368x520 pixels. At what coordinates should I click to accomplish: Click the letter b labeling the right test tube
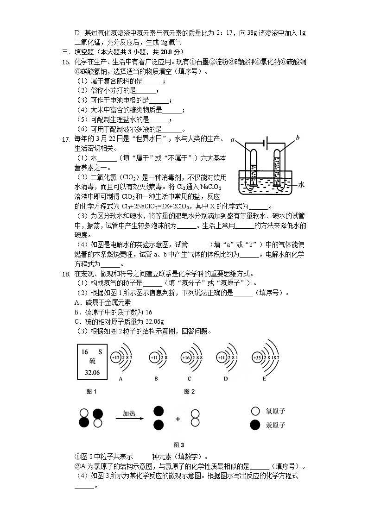(297, 138)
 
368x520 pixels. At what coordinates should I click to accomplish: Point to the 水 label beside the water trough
(301, 184)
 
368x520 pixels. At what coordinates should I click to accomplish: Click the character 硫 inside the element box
(92, 362)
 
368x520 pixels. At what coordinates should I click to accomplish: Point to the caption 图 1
(92, 391)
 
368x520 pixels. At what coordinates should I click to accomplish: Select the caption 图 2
(189, 391)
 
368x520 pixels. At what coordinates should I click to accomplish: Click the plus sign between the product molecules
(177, 419)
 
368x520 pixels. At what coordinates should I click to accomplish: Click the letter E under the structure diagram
(264, 379)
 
